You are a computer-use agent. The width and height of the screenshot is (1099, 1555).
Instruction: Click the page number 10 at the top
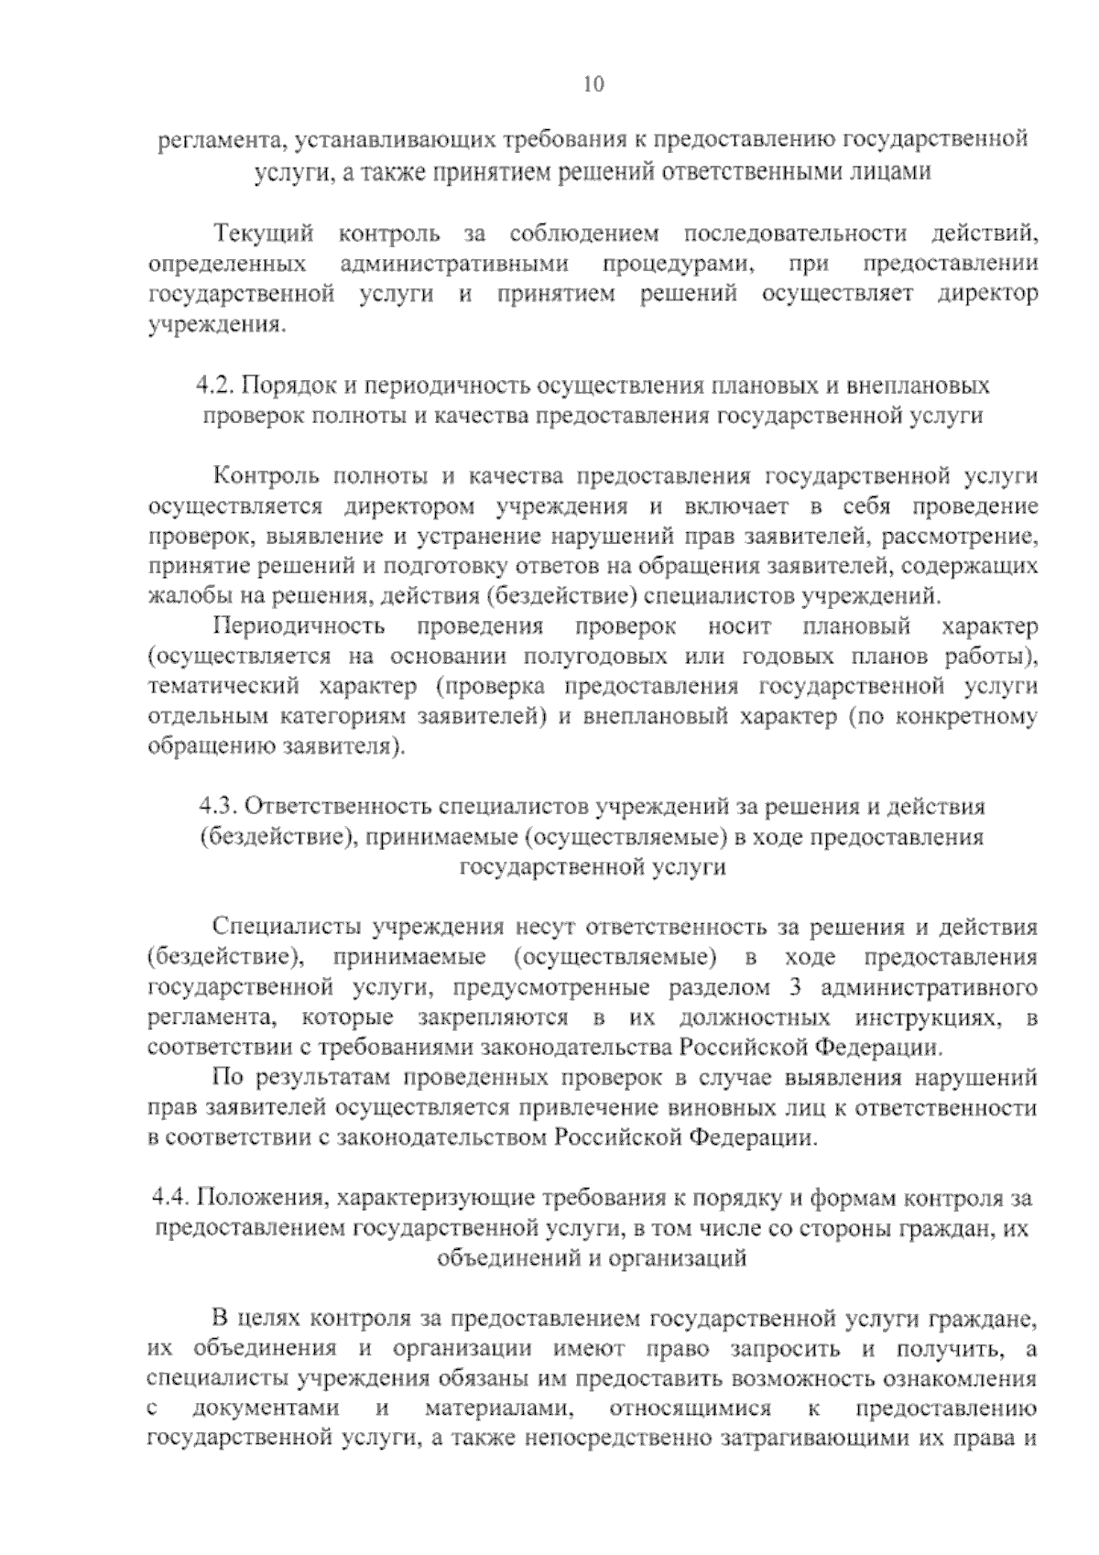pyautogui.click(x=593, y=85)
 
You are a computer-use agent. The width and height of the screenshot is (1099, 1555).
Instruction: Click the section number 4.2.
pyautogui.click(x=216, y=385)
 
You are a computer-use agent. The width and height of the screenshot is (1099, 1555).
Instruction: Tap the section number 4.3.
pyautogui.click(x=219, y=807)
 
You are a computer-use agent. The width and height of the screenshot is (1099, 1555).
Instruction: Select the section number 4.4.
pyautogui.click(x=170, y=1198)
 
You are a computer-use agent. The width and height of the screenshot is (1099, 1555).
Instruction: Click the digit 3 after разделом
pyautogui.click(x=792, y=988)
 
